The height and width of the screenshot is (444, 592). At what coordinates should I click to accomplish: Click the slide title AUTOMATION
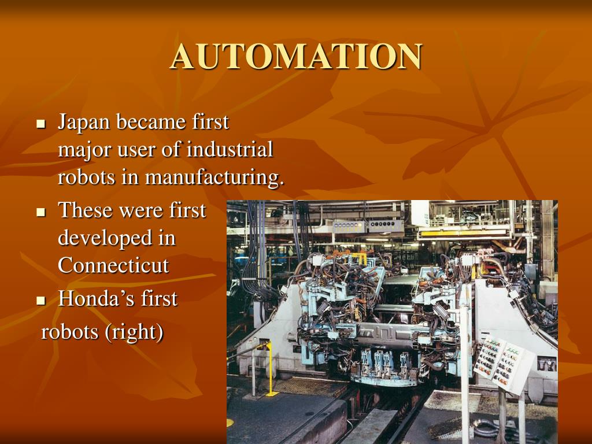point(295,57)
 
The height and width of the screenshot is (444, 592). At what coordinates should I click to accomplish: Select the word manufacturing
point(214,177)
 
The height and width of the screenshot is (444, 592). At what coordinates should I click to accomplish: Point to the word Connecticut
point(113,265)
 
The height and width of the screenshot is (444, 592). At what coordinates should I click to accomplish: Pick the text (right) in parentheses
point(134,333)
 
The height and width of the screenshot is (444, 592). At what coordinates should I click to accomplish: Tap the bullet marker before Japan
point(40,124)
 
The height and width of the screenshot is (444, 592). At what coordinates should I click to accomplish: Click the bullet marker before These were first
point(40,212)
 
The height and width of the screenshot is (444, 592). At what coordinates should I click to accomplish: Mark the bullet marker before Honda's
point(40,301)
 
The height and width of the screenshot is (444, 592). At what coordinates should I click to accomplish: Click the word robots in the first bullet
point(86,177)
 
